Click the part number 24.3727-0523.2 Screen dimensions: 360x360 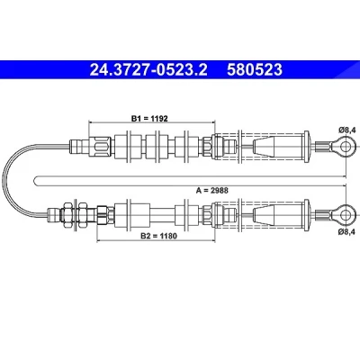pyautogui.click(x=148, y=69)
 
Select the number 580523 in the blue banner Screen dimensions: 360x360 pyautogui.click(x=255, y=69)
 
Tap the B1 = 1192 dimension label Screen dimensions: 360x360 pyautogui.click(x=149, y=118)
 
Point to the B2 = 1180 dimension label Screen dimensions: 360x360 pyautogui.click(x=159, y=236)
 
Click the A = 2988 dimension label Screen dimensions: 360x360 pyautogui.click(x=212, y=190)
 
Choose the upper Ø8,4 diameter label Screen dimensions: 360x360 pyautogui.click(x=347, y=130)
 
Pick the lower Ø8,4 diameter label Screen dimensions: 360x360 pyautogui.click(x=347, y=231)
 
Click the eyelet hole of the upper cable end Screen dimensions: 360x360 pyautogui.click(x=346, y=147)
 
